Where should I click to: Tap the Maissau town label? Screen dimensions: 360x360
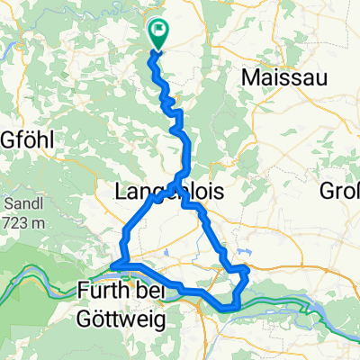tap(275, 78)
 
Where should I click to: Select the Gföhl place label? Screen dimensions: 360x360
tap(29, 140)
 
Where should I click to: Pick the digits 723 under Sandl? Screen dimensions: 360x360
tap(17, 220)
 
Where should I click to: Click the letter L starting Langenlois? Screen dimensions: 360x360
tap(121, 191)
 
